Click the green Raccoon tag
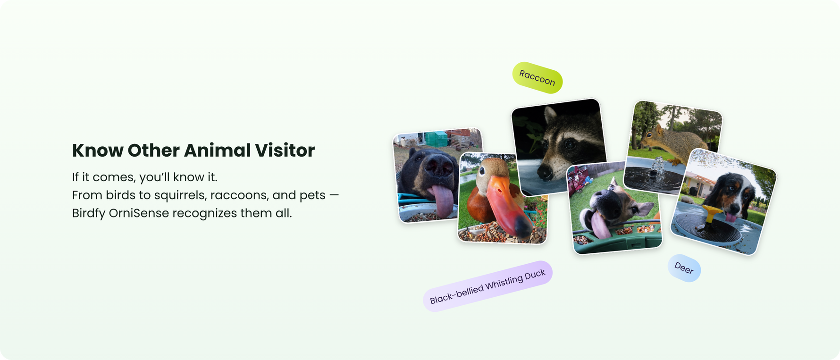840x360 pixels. pos(537,77)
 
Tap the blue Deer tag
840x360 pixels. pos(684,268)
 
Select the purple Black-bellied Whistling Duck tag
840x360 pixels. pos(487,286)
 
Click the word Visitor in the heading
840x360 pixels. pos(285,151)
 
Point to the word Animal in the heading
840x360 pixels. pos(217,151)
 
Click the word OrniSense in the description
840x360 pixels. pos(139,213)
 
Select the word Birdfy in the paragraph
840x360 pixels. pos(88,213)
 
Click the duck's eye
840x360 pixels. pos(482,169)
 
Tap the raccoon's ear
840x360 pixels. pos(550,115)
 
